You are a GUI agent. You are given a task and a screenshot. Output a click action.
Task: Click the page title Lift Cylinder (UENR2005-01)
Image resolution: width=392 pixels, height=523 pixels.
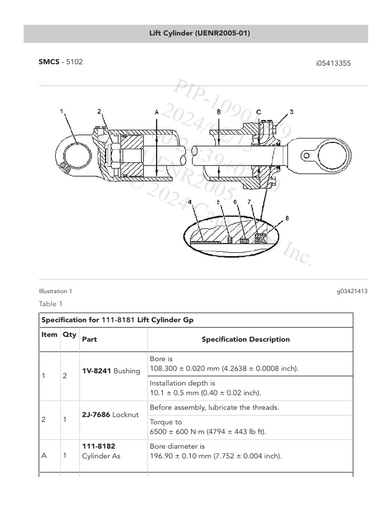click(195, 34)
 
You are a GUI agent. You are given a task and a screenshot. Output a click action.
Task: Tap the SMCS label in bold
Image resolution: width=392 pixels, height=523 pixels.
click(48, 62)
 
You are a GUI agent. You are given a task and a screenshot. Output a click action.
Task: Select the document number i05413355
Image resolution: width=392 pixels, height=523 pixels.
click(333, 63)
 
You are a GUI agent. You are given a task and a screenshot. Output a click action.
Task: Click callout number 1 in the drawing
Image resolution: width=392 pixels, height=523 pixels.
click(62, 111)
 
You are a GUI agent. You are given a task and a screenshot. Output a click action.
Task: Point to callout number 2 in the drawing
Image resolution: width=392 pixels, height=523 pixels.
click(99, 111)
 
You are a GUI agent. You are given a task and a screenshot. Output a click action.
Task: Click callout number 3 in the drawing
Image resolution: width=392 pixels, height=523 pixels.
click(291, 111)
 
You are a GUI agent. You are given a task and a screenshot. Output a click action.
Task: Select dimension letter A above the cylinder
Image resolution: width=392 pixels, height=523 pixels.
click(156, 111)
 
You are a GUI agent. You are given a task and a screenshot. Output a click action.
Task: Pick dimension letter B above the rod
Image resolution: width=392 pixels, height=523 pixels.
click(218, 111)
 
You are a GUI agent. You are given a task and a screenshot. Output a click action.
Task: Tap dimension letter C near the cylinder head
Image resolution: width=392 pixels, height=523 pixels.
click(259, 111)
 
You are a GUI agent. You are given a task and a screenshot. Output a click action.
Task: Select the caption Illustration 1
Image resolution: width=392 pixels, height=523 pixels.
click(56, 291)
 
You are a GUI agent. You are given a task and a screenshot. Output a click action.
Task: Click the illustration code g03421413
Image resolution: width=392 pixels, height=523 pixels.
click(352, 291)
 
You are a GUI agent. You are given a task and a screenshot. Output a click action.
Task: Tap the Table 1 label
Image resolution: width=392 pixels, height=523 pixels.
click(51, 304)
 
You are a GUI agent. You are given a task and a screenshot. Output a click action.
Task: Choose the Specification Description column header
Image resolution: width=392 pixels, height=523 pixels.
click(246, 339)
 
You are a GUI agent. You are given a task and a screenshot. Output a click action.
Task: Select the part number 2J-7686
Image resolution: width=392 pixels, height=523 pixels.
click(96, 415)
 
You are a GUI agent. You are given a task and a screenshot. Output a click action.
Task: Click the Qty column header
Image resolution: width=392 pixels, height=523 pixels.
click(69, 335)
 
